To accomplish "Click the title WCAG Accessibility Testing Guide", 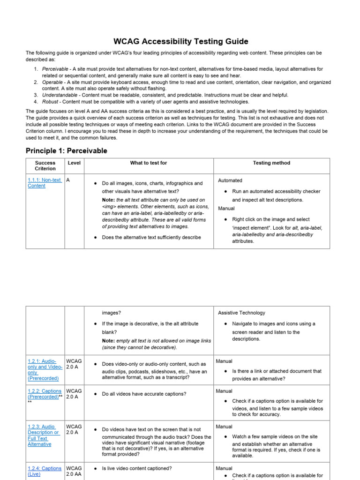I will [180, 41].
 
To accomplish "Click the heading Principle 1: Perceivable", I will [66, 150].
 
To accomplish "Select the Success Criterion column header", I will [45, 165].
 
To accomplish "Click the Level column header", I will [74, 163].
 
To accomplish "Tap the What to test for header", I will [148, 163].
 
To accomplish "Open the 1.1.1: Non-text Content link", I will [45, 183].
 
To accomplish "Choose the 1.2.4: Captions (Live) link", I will [44, 471].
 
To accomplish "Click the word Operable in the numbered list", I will [52, 82].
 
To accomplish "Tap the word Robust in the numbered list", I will [51, 102].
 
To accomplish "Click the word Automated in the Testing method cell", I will [230, 180].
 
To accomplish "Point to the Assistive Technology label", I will [241, 313].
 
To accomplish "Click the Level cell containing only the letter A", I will [68, 180].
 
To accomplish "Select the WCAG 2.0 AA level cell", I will [74, 471].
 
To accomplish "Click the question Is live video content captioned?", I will [137, 468].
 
